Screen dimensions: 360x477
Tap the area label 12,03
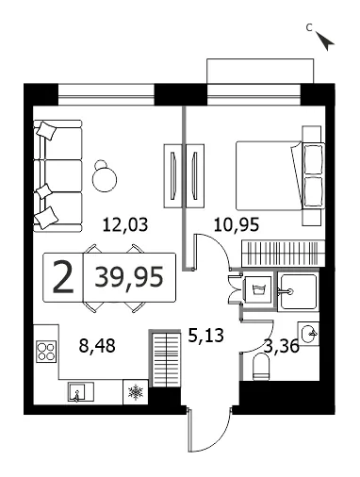pyautogui.click(x=125, y=225)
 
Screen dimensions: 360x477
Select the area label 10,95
pyautogui.click(x=237, y=225)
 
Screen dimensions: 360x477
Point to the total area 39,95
pyautogui.click(x=129, y=277)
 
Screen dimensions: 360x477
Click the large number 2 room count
pyautogui.click(x=63, y=278)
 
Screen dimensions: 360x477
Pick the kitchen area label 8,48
pyautogui.click(x=97, y=346)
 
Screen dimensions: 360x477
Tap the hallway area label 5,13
pyautogui.click(x=205, y=336)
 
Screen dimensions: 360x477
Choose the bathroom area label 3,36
pyautogui.click(x=282, y=347)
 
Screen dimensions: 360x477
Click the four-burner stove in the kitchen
pyautogui.click(x=46, y=352)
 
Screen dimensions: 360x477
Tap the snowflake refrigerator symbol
pyautogui.click(x=136, y=392)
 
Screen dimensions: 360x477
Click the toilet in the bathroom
pyautogui.click(x=261, y=367)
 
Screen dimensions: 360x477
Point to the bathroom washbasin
pyautogui.click(x=308, y=334)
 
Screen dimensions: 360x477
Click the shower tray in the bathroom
pyautogui.click(x=298, y=291)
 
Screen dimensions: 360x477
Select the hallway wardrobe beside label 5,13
pyautogui.click(x=166, y=358)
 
